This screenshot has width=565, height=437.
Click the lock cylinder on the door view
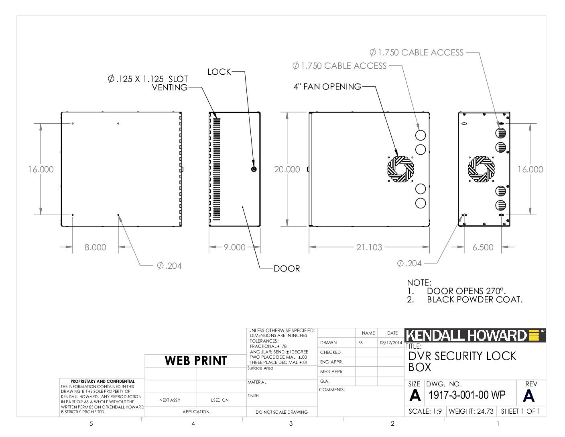tap(254, 169)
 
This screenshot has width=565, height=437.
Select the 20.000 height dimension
tap(287, 169)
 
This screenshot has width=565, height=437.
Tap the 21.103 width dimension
tap(369, 247)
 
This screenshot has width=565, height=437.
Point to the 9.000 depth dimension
tap(234, 247)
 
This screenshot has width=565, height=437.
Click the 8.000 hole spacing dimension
tap(95, 247)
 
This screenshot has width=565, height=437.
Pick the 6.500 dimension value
tap(483, 247)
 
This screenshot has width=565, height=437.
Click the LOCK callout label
tap(219, 72)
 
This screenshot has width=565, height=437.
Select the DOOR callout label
tap(287, 268)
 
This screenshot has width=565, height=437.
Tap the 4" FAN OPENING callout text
tap(327, 86)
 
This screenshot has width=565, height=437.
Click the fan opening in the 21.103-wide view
tap(400, 169)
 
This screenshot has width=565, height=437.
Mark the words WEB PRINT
tap(196, 361)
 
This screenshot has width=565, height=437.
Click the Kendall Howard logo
tap(475, 335)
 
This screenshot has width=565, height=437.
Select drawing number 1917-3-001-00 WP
tap(467, 395)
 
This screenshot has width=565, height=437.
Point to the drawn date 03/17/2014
tap(391, 343)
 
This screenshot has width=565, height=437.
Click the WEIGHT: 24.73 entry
tap(471, 411)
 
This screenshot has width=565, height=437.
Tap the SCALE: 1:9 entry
tap(425, 411)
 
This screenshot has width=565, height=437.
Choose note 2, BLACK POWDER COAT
tap(465, 300)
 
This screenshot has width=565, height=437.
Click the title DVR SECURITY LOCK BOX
tap(462, 361)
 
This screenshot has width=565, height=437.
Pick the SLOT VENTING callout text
tap(148, 83)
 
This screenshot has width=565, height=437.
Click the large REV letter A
tap(528, 396)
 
